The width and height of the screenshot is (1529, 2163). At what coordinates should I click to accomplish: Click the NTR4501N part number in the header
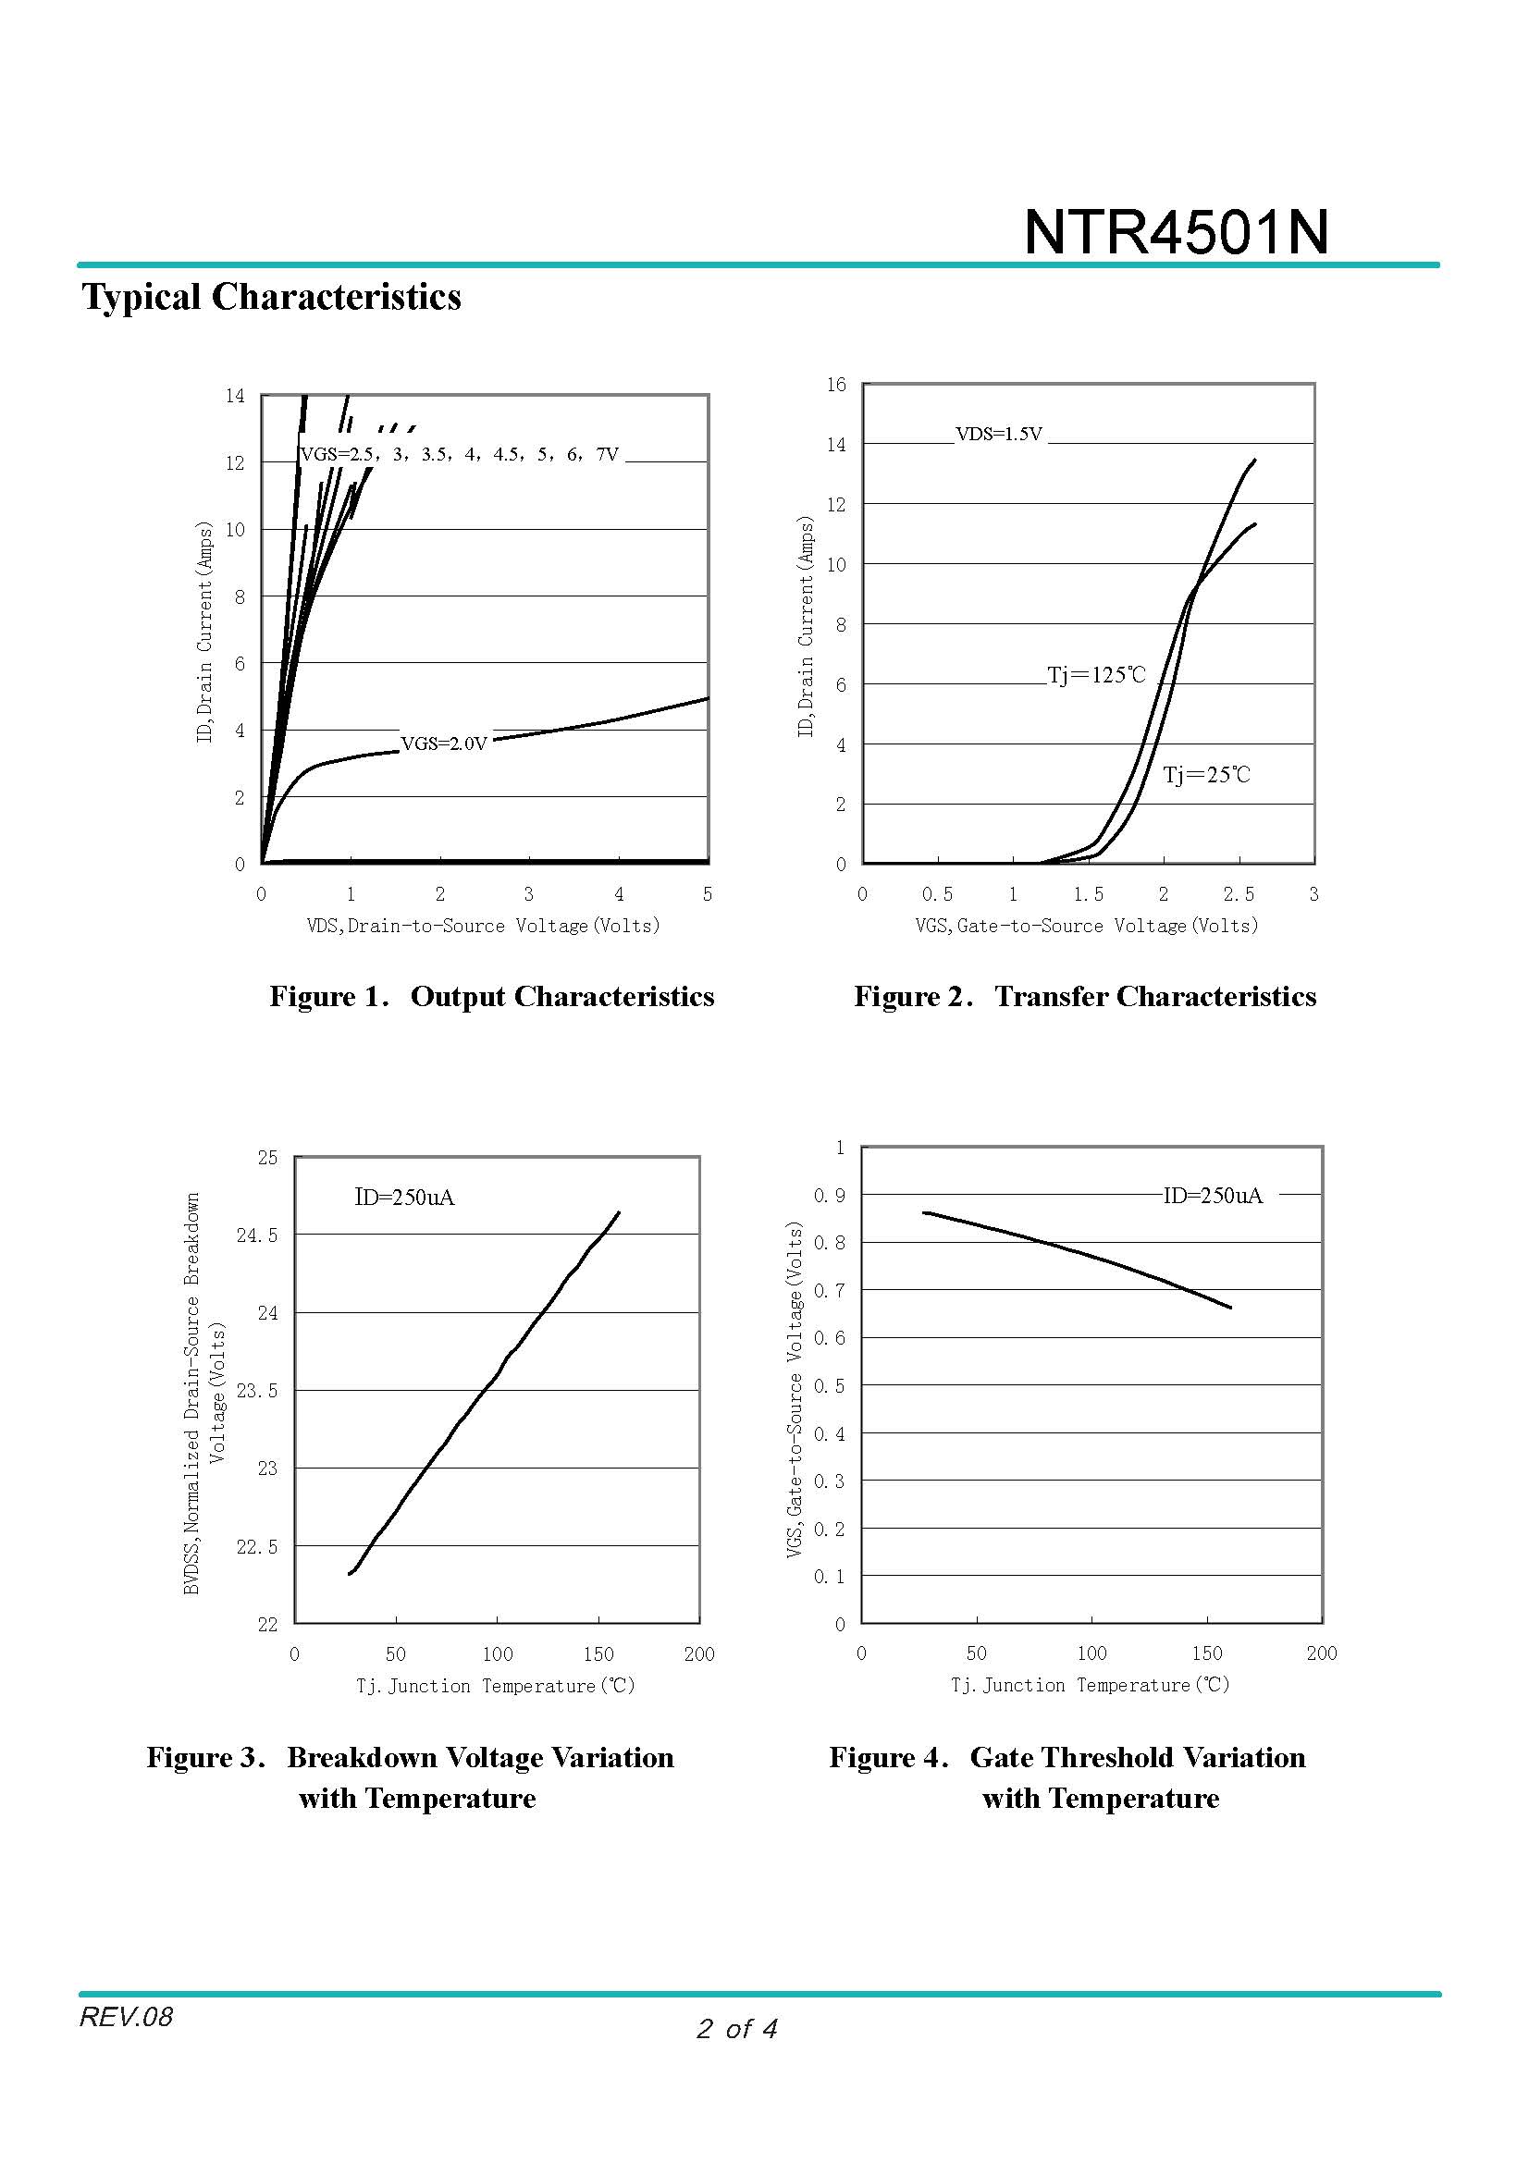(x=1175, y=232)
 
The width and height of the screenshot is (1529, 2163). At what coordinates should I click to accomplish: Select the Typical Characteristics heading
(x=271, y=297)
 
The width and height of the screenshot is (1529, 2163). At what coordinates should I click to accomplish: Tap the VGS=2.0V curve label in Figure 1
(x=444, y=744)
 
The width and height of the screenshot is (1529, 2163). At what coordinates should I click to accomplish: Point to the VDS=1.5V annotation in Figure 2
(x=999, y=435)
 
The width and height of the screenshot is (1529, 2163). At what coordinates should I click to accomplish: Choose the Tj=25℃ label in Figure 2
(x=1206, y=775)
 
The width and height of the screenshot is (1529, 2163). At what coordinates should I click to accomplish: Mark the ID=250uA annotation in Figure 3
(x=404, y=1198)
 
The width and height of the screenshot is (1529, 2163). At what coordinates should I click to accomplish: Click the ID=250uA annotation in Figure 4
(x=1213, y=1196)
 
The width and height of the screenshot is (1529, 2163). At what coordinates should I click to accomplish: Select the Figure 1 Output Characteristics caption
(x=492, y=997)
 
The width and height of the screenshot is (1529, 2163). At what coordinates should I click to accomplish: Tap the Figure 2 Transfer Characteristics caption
(x=1084, y=997)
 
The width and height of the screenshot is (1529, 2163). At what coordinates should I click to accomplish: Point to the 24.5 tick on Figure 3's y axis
(x=257, y=1235)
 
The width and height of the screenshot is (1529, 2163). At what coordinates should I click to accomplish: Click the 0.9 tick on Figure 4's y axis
(x=830, y=1196)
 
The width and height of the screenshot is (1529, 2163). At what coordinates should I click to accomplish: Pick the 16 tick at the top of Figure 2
(x=836, y=385)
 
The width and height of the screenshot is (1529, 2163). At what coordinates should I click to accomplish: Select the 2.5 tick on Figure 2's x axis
(x=1239, y=894)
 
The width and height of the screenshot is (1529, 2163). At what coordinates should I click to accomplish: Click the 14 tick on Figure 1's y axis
(x=235, y=396)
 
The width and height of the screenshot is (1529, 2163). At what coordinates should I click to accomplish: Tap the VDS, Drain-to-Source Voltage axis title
(x=483, y=926)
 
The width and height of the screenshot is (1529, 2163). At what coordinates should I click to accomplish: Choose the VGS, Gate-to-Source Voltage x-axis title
(x=1086, y=926)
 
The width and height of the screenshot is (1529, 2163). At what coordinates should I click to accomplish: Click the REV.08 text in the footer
(x=126, y=2017)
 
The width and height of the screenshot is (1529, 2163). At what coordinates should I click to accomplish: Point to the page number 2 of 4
(x=736, y=2028)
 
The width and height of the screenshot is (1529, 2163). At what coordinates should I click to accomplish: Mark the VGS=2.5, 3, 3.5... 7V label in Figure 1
(x=460, y=454)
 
